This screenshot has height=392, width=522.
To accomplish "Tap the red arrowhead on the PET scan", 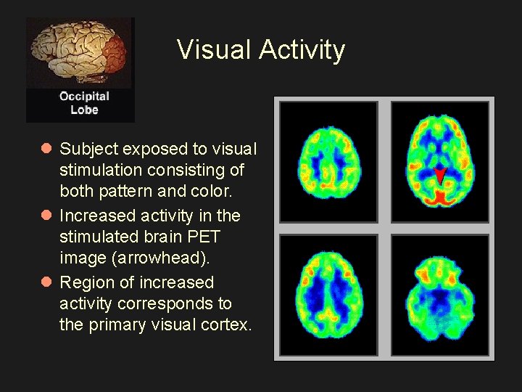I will tap(440, 175).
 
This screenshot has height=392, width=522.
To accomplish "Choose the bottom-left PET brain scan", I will tap(328, 295).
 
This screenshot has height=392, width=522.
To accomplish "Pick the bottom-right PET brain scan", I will tap(440, 295).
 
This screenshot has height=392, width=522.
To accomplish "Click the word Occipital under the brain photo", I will tap(84, 97).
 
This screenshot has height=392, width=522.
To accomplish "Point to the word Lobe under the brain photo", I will tap(84, 110).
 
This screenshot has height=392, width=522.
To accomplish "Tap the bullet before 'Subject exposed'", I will tap(46, 149).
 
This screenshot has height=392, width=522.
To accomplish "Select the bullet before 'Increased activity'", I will tap(46, 216).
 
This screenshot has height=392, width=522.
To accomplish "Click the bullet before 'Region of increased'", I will tap(46, 282).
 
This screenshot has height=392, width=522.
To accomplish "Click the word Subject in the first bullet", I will tap(88, 149).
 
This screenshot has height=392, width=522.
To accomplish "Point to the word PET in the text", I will tap(204, 237).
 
